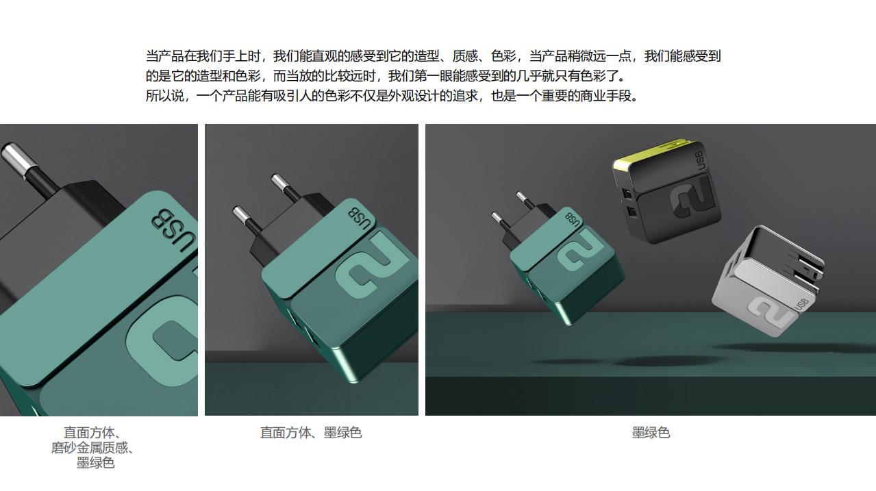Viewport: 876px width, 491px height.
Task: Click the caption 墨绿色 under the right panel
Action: (x=651, y=433)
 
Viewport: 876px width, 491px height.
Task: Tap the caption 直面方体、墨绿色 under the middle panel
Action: (x=311, y=433)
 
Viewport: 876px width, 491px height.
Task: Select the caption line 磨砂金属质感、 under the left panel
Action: (x=92, y=448)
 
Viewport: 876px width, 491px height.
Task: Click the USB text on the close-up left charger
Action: (x=174, y=231)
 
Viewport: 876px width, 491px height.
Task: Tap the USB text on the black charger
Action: (x=701, y=160)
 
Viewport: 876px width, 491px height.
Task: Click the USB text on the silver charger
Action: (x=802, y=305)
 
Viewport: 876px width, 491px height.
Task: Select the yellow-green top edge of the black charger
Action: (x=649, y=153)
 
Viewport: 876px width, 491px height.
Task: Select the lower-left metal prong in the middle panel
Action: (x=242, y=216)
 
